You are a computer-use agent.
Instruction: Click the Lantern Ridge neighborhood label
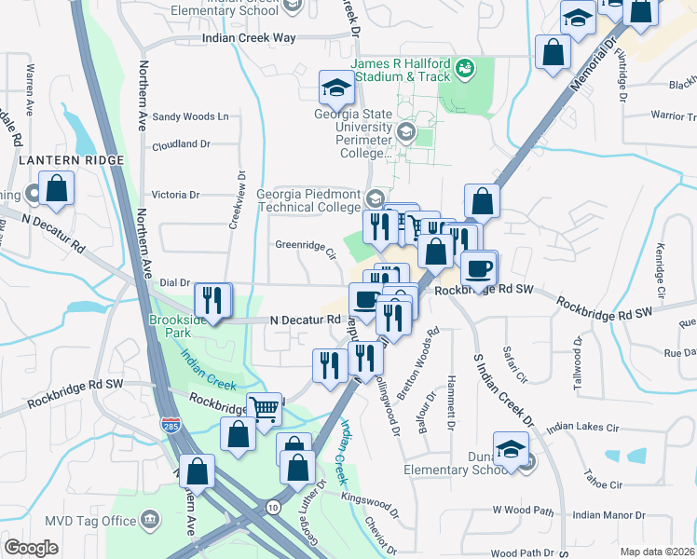[70, 161]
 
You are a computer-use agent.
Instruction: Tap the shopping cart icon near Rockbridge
[265, 408]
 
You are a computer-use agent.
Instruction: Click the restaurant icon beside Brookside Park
[212, 300]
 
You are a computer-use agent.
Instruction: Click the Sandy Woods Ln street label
[190, 117]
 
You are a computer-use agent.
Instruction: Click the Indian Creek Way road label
[249, 38]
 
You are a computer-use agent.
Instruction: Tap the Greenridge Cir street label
[304, 247]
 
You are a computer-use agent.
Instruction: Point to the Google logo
[32, 547]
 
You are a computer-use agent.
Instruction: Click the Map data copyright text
[658, 552]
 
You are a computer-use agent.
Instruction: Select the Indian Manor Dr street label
[608, 514]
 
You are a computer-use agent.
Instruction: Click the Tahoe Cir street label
[604, 485]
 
